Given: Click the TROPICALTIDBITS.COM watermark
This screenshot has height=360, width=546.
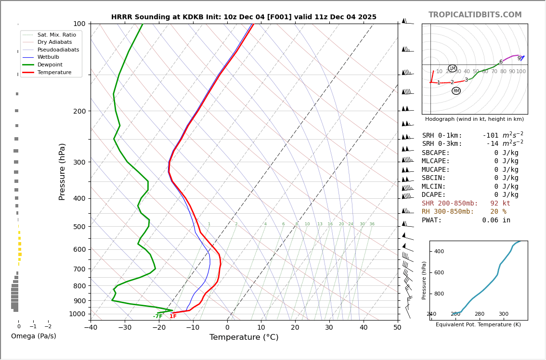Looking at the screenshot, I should click(475, 15).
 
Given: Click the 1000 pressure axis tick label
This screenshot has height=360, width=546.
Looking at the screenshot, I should click(77, 314).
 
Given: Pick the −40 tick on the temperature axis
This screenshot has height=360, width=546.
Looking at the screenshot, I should click(91, 328).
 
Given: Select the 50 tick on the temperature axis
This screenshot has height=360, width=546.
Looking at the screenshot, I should click(397, 328).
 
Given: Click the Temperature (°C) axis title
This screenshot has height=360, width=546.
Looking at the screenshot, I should click(244, 337).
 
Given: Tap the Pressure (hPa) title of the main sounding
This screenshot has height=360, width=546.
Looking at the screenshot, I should click(63, 171).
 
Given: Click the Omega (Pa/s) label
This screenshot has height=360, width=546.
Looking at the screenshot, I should click(33, 336).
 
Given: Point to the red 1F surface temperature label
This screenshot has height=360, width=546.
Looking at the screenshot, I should click(173, 316).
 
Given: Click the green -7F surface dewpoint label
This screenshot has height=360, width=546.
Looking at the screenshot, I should click(157, 316).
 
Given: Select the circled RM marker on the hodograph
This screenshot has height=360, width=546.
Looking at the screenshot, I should click(456, 91).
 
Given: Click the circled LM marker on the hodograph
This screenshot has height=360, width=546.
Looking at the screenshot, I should click(452, 68).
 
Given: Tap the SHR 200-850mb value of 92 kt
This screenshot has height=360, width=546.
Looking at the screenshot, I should click(500, 204).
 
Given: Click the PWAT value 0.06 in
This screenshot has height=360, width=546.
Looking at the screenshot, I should click(496, 220).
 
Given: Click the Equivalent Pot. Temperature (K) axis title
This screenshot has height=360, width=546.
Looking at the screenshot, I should click(478, 325).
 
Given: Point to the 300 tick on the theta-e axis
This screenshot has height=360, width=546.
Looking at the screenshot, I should click(503, 314).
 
